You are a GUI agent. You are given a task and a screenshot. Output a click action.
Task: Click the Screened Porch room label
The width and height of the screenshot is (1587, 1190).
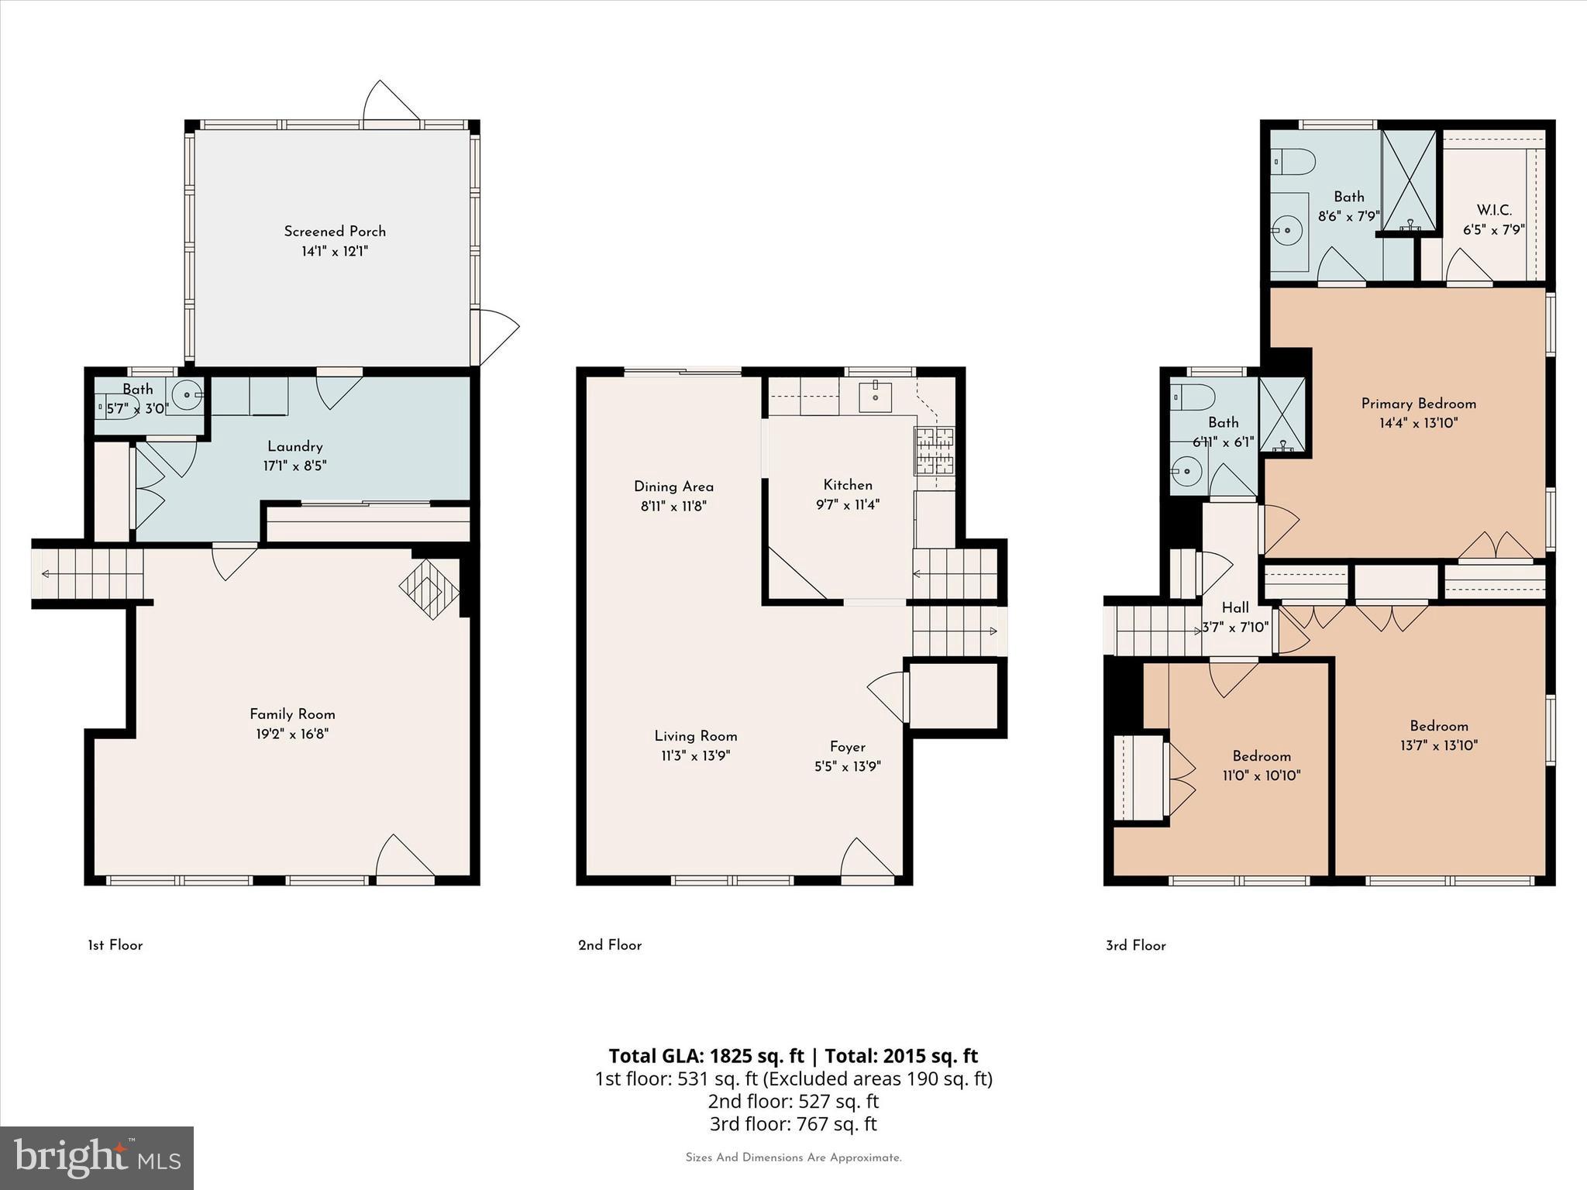(334, 231)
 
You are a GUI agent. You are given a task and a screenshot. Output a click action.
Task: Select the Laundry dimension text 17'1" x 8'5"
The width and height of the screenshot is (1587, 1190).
(294, 466)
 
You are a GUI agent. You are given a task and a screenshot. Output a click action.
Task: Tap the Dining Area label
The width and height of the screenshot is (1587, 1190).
(673, 487)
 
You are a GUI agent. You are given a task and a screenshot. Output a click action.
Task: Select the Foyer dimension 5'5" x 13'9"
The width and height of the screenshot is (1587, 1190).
(847, 767)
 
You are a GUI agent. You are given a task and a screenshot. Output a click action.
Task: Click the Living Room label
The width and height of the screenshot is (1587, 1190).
(695, 736)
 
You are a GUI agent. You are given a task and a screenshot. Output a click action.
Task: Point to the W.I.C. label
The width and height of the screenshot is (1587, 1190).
(1493, 211)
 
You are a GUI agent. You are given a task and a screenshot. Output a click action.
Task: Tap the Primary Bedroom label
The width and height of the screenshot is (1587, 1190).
(1418, 404)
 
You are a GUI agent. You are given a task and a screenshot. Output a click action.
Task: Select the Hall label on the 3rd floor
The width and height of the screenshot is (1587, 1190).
(1234, 608)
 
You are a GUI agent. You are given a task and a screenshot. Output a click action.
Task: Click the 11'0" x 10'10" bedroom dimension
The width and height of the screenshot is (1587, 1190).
(1261, 776)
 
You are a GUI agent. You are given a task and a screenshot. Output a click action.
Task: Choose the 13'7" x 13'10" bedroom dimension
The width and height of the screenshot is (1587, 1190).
(1438, 746)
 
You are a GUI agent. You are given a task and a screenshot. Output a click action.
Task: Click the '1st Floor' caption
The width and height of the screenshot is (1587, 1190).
(115, 945)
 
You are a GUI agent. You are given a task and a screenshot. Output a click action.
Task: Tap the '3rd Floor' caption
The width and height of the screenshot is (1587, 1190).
(1135, 945)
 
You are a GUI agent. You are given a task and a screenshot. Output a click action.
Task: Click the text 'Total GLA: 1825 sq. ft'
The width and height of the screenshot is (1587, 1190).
(707, 1056)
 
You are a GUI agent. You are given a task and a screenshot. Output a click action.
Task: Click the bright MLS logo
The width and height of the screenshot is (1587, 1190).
(97, 1158)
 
